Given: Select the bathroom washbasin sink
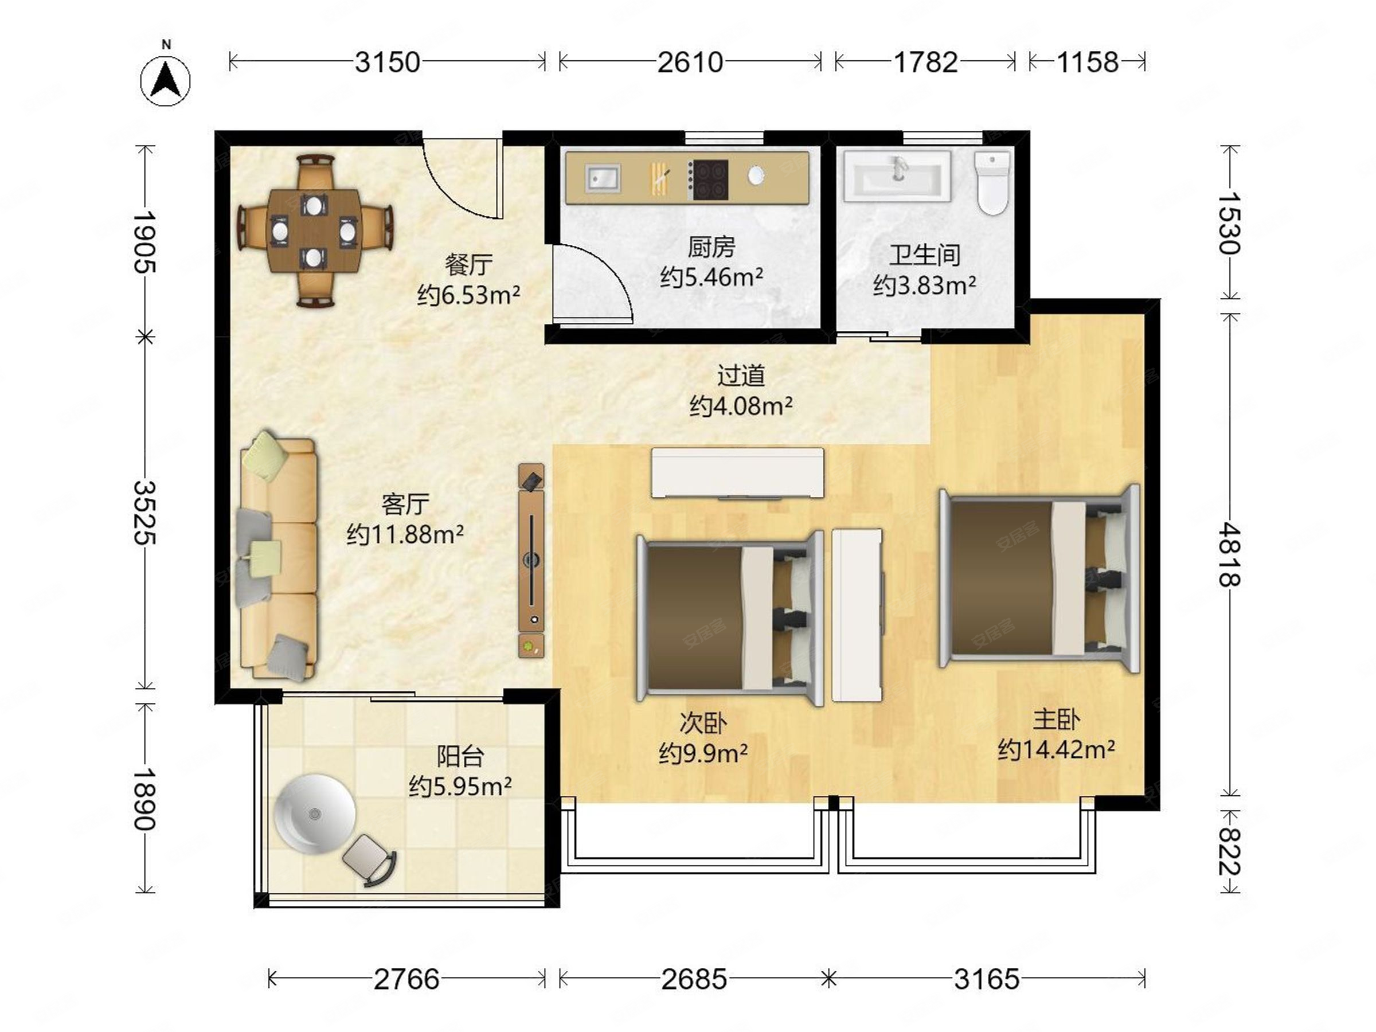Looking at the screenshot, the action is pos(897,176).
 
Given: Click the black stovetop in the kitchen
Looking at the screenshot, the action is pos(710,181).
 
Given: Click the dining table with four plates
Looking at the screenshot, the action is pos(315,231).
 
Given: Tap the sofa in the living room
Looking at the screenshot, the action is pos(277,557).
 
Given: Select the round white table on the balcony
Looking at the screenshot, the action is pos(315,814).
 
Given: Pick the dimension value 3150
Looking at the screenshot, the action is pos(388,62).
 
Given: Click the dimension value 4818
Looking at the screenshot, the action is pos(1229,556).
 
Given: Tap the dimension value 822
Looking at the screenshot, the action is pos(1229,851).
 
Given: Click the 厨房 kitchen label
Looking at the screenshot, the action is pos(711,247).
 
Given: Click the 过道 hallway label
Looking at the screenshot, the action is pos(740,376).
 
